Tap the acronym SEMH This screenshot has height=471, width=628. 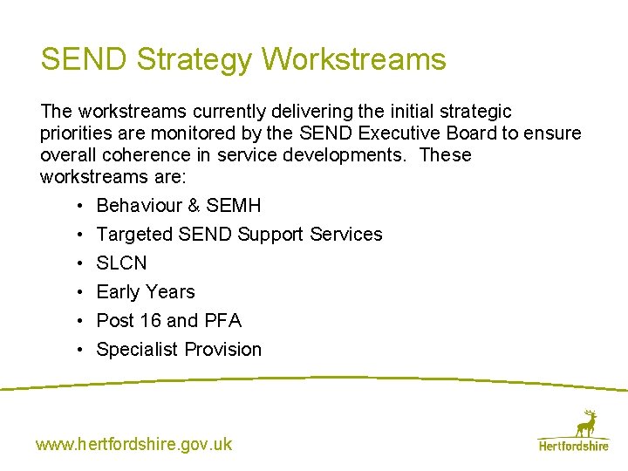tap(233, 206)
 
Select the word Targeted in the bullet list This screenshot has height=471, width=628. tap(134, 235)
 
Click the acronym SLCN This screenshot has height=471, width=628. tap(121, 263)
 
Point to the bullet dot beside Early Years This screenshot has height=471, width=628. tap(78, 292)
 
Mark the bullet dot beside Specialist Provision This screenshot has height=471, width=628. tap(78, 350)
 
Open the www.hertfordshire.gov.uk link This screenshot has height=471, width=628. tap(133, 444)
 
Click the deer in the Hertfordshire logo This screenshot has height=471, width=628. tap(587, 423)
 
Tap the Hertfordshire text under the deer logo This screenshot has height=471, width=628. tap(573, 446)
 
